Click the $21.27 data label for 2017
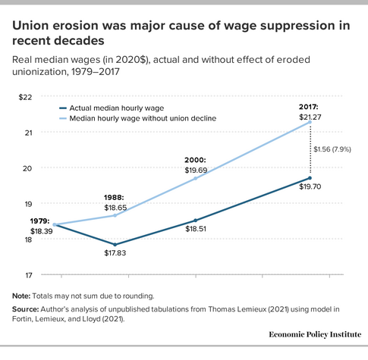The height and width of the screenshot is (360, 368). pos(310,117)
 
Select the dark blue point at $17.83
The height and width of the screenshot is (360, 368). pos(115,245)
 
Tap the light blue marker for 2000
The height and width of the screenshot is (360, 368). pos(196,178)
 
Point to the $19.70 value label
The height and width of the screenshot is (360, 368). pos(310,186)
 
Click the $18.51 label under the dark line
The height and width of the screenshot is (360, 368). pos(196,229)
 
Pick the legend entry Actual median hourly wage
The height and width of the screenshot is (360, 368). pos(112,108)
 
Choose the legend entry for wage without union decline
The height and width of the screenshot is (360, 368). pos(137,118)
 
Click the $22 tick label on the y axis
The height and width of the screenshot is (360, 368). pos(25,97)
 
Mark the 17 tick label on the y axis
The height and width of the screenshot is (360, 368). pos(29,275)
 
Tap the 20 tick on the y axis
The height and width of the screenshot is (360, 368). pos(27,168)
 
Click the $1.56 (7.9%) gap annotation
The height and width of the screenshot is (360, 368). pos(332,149)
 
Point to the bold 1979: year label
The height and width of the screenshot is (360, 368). pos(39,221)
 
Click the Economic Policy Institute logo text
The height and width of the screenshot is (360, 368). pos(315,334)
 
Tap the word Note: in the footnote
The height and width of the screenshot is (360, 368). pos(21,296)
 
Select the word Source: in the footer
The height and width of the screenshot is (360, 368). pos(26,309)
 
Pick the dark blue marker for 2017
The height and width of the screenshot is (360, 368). pos(310,178)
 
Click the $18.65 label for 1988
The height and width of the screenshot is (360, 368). pos(115,208)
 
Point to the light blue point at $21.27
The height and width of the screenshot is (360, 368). pos(310,122)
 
